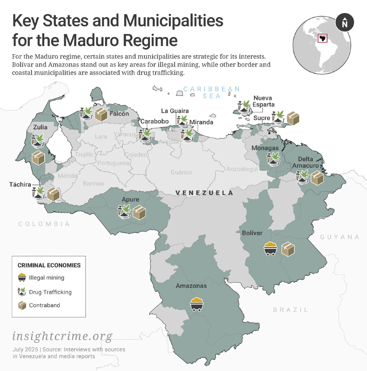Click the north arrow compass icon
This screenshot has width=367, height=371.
pos(345,23)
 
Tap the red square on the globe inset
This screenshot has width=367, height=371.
pos(322,38)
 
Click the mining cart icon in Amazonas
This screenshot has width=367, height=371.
pos(196,304)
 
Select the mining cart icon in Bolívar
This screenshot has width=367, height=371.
pos(271,249)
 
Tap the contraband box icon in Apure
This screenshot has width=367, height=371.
pos(139,213)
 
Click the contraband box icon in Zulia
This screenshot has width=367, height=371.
pos(38,158)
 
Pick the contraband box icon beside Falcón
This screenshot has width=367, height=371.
pos(101,114)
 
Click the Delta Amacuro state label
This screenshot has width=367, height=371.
pos(306,162)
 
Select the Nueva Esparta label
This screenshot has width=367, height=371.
pos(264,101)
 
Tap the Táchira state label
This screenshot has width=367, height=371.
pos(20,184)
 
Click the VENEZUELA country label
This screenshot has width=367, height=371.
pos(204,193)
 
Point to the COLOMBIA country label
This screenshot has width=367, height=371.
pos(44,224)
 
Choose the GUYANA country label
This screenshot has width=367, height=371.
pos(340,237)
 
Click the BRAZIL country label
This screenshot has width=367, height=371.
pos(290,310)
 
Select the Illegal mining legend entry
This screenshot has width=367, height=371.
pos(46,278)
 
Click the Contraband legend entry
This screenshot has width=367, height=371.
pos(44,305)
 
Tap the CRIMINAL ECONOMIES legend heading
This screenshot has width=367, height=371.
pos(49,265)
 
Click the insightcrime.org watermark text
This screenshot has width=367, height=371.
pos(62,336)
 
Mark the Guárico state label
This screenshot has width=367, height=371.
pos(181,172)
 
